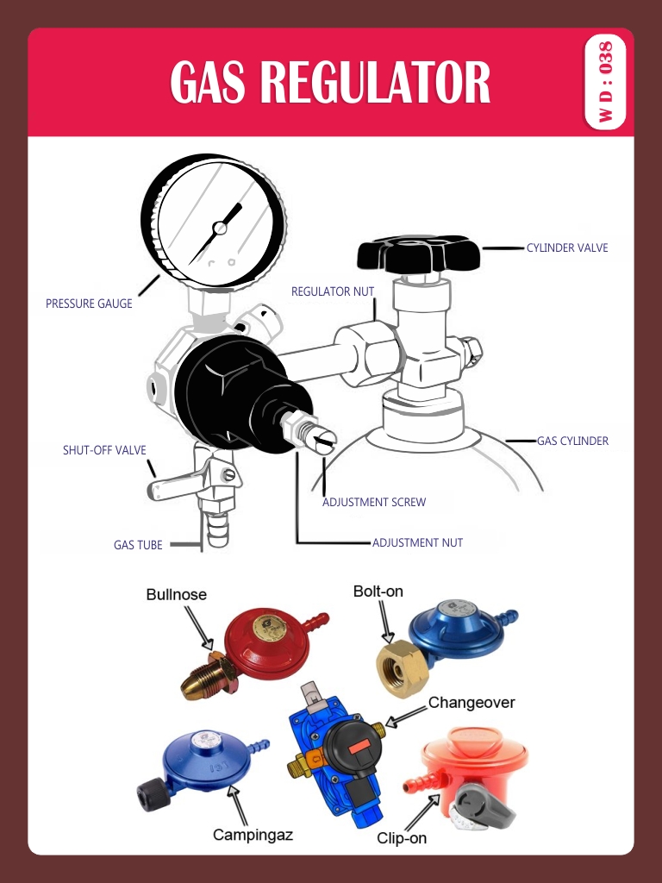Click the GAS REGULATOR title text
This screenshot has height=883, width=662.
330,83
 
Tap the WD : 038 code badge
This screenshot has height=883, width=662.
605,83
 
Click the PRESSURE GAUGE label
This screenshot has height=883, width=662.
89,304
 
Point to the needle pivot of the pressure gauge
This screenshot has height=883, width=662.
219,229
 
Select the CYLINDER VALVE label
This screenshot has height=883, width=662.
567,248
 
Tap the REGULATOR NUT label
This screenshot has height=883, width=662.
333,292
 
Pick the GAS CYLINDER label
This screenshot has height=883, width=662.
572,441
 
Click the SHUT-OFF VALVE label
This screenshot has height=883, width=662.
104,450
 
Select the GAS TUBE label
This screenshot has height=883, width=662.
138,545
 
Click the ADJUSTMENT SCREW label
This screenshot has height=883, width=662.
374,502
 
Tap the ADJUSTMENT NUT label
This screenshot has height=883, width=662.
417,543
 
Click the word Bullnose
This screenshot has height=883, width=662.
177,594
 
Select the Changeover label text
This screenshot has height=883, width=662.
472,703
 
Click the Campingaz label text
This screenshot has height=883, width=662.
253,835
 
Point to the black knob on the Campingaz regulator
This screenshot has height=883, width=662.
152,793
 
